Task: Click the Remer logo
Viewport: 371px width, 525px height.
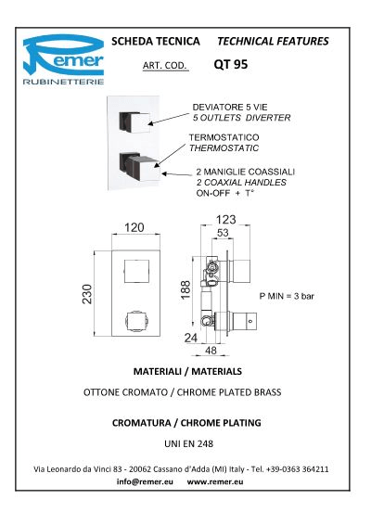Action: (63, 59)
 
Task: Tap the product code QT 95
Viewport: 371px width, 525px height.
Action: (231, 64)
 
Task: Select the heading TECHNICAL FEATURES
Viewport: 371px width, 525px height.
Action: (273, 41)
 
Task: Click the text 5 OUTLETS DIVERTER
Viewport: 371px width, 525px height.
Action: (241, 118)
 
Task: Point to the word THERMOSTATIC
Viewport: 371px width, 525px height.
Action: (224, 148)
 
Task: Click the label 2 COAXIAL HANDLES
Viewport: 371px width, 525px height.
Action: (241, 183)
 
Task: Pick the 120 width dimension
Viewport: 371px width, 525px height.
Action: (134, 227)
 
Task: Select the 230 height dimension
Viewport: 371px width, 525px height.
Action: (87, 294)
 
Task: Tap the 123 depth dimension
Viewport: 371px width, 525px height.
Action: (225, 220)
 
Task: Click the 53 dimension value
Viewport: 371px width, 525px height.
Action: (223, 233)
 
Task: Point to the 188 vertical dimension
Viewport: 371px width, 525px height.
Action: (185, 290)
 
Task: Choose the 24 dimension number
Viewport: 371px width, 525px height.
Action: (190, 338)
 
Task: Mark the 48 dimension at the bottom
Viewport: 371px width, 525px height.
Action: (211, 351)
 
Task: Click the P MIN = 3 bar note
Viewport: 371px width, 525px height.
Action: (287, 296)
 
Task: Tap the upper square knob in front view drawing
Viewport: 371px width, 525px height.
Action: (136, 271)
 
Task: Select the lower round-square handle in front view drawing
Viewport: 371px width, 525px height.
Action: (137, 323)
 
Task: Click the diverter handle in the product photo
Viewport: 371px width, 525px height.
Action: (134, 122)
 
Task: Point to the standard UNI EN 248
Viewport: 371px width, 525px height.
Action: (189, 443)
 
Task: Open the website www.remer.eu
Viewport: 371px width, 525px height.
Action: (215, 481)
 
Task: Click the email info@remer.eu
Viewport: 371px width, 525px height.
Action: (145, 481)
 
